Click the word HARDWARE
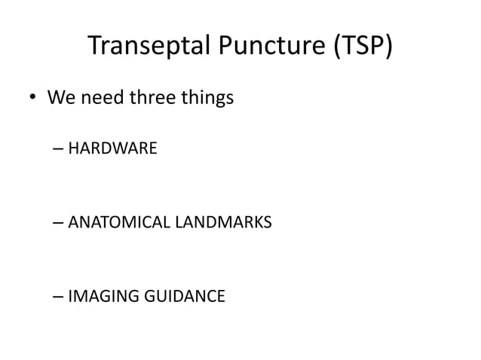[112, 148]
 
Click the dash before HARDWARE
[59, 149]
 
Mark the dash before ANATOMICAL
[59, 223]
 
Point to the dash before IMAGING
[59, 297]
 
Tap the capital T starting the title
[94, 46]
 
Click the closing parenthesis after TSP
[388, 47]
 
